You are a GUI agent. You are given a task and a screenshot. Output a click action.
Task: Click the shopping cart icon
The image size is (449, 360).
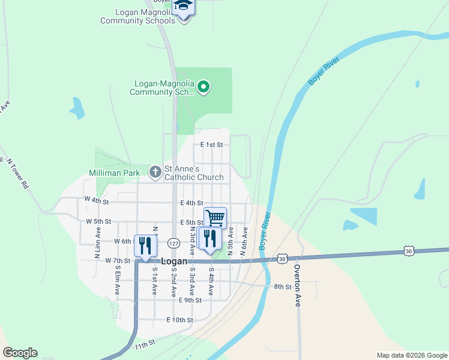[x=215, y=217]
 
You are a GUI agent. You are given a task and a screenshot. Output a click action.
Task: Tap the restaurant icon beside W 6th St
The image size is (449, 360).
[x=145, y=245]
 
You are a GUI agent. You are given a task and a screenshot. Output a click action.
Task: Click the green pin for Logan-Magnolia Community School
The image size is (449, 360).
[x=203, y=88]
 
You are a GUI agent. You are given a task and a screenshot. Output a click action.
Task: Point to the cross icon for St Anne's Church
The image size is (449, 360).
[x=155, y=173]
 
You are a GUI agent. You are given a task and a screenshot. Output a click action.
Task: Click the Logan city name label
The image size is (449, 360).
[x=175, y=262]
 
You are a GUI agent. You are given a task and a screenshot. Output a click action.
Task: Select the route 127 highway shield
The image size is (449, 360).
[x=173, y=243]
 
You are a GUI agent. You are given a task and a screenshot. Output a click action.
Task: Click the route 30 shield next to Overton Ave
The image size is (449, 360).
[x=283, y=258]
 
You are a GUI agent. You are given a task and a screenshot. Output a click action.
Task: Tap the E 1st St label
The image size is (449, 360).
[x=211, y=145]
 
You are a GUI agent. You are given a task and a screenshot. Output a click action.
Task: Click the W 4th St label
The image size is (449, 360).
[x=97, y=199]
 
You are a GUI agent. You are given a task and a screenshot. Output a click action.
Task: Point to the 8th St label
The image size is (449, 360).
[x=282, y=287]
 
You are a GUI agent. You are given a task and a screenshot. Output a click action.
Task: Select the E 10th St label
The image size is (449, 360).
[x=179, y=320]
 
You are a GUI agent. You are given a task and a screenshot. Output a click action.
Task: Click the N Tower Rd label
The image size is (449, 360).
[x=16, y=174]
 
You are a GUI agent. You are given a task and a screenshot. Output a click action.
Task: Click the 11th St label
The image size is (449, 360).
[x=145, y=344]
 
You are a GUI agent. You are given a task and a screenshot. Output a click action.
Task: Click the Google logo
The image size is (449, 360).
[x=20, y=353]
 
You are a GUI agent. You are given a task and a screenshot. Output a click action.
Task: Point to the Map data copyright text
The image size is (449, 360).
[x=411, y=355]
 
